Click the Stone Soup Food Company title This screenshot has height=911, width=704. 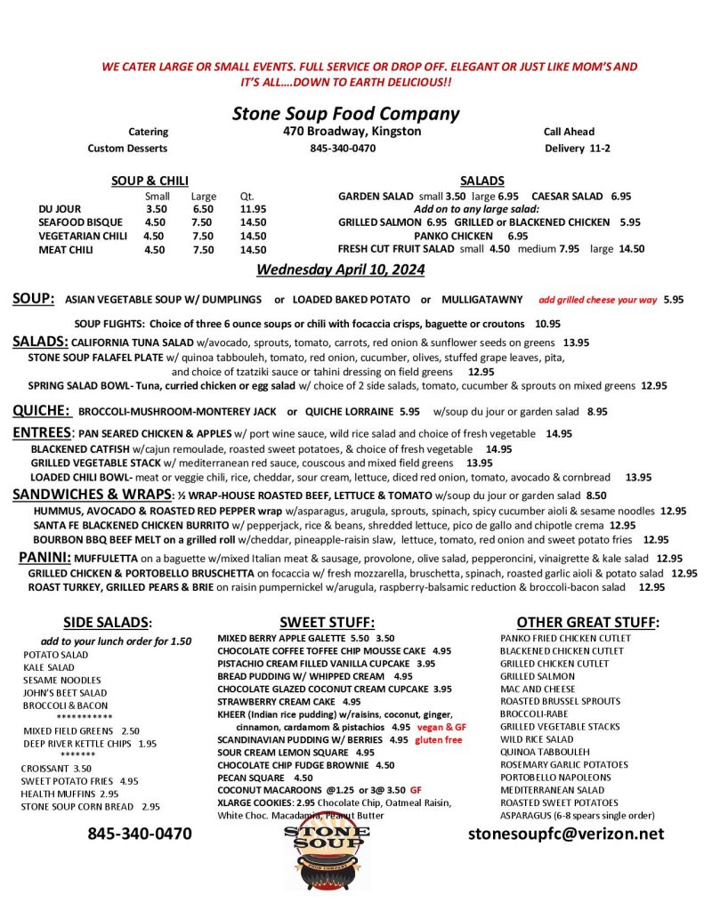345,114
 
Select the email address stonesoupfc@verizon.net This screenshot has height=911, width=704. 566,834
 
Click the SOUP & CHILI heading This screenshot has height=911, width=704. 150,181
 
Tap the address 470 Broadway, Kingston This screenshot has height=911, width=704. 346,132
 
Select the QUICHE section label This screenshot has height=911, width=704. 41,411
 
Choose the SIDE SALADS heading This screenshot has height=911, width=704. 108,622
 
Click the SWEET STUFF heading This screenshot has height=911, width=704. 327,622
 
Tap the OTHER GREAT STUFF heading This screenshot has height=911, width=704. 587,622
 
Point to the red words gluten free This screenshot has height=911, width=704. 438,739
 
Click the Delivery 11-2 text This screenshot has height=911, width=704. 577,149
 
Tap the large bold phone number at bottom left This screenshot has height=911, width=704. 139,834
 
